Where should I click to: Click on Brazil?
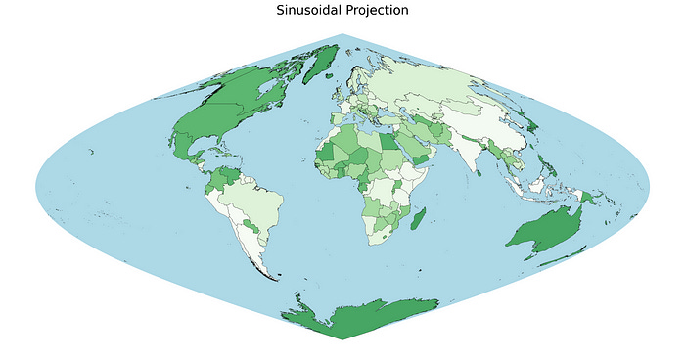click(260, 205)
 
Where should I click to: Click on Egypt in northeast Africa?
click(388, 143)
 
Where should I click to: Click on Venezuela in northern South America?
click(232, 175)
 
